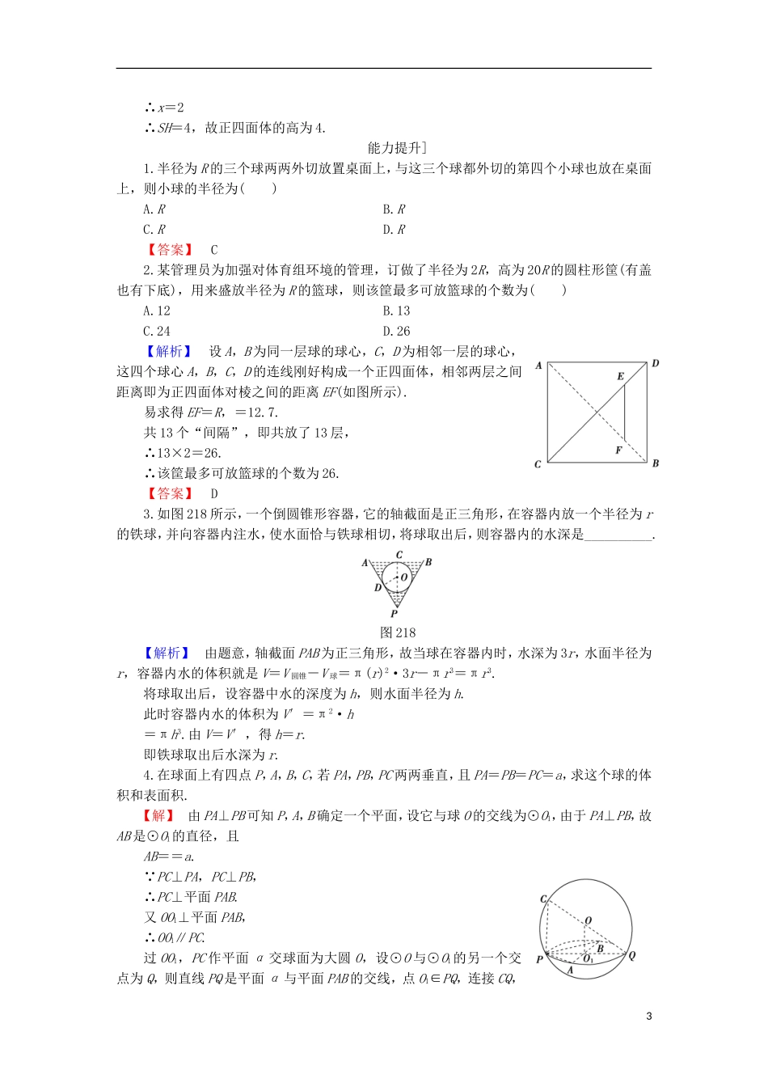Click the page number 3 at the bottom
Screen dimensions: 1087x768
[x=649, y=1017]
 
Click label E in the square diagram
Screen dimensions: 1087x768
[x=621, y=376]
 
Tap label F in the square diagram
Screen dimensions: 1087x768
[x=618, y=450]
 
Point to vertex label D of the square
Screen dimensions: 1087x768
[x=655, y=364]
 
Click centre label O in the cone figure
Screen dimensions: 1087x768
[x=404, y=577]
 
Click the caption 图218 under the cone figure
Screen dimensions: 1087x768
[x=398, y=633]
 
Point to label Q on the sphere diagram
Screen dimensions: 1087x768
[x=631, y=955]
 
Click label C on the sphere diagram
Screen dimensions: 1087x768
[x=543, y=899]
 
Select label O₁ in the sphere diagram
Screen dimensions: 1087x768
[x=589, y=959]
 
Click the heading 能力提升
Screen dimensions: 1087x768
[x=396, y=148]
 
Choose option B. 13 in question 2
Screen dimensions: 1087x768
[x=396, y=311]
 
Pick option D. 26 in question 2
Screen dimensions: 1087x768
[x=396, y=331]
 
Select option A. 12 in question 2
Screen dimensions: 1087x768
[x=157, y=311]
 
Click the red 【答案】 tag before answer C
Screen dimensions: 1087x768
[x=170, y=250]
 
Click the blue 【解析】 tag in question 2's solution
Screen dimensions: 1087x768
[x=169, y=351]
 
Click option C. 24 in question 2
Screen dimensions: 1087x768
[x=157, y=331]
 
